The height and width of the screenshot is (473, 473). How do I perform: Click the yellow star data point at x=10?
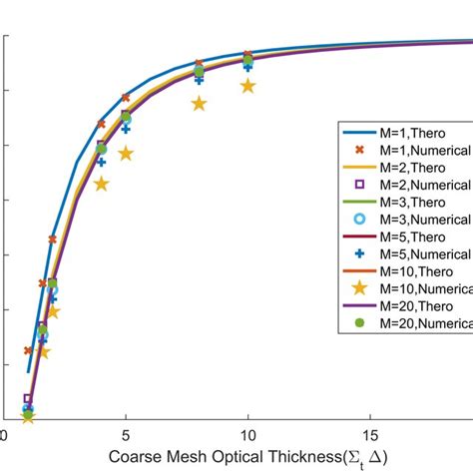pos(247,87)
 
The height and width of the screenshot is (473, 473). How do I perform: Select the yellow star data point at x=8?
pos(199,103)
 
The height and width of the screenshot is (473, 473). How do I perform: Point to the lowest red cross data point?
pos(28,350)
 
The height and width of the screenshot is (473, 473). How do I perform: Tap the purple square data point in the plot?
pos(28,398)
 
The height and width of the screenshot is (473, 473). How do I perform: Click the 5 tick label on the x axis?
pos(125,436)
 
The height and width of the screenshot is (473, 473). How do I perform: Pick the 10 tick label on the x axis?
pos(247,436)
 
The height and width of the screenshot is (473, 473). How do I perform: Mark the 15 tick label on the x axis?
pos(369,436)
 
